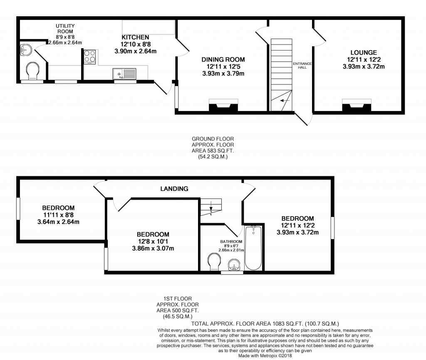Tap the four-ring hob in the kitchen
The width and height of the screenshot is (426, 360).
click(x=90, y=57)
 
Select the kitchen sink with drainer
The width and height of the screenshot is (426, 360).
click(x=124, y=74)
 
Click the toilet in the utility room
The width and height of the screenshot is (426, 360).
click(x=32, y=71)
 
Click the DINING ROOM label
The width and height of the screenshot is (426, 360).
click(x=223, y=59)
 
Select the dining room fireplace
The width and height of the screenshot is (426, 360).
click(x=223, y=106)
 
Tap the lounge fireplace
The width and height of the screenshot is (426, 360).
click(x=357, y=106)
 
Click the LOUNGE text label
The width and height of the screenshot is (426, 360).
click(x=363, y=52)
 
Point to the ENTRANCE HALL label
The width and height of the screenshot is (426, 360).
click(x=302, y=65)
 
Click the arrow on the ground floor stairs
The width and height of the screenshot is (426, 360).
click(x=285, y=100)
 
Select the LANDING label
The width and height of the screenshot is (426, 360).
click(x=174, y=189)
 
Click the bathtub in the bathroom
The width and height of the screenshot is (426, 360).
click(x=253, y=248)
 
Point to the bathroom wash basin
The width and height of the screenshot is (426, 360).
click(x=235, y=264)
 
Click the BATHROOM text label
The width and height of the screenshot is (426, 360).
click(x=231, y=242)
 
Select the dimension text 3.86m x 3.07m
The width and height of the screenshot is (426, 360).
click(x=153, y=249)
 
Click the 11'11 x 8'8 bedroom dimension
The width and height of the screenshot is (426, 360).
click(x=58, y=215)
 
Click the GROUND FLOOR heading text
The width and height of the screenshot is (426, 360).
click(x=210, y=139)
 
